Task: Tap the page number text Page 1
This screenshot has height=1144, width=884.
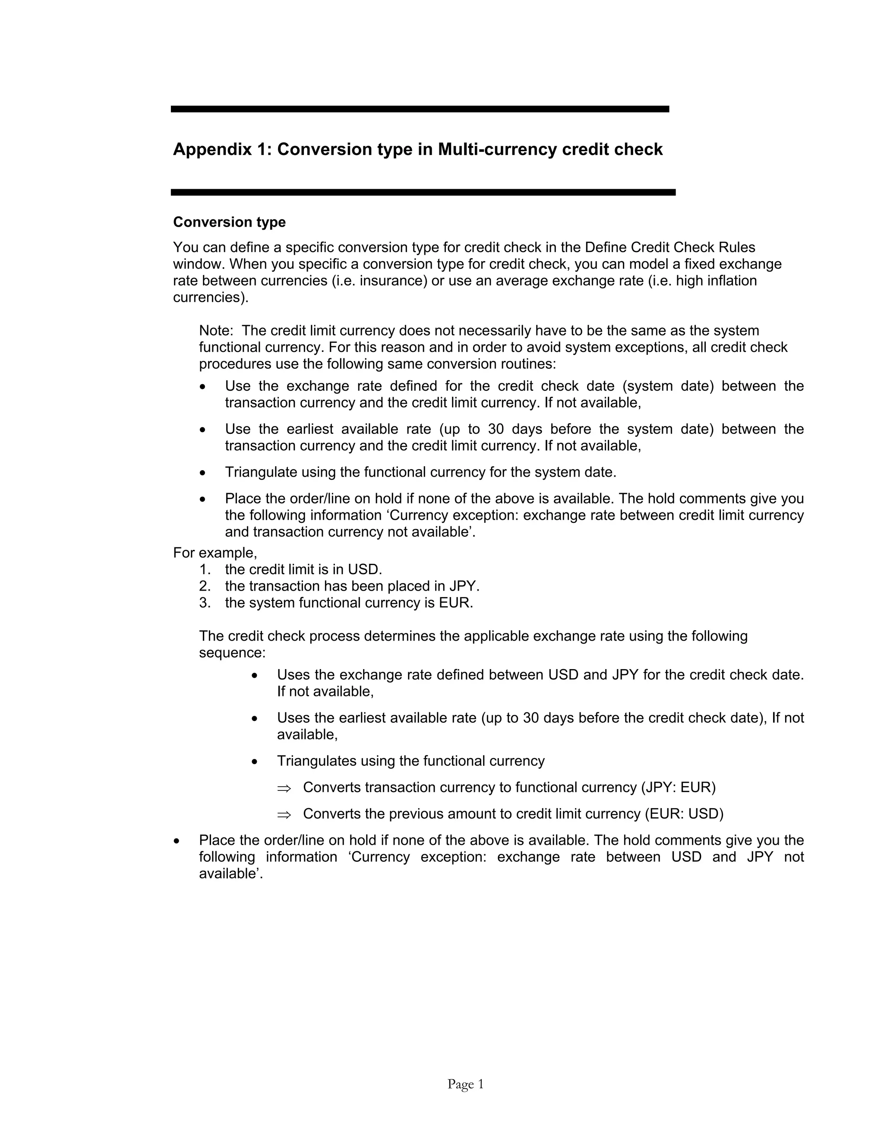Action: tap(465, 1084)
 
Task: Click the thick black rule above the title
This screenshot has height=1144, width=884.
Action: tap(420, 109)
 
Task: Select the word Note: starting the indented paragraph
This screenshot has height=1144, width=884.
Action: tap(216, 331)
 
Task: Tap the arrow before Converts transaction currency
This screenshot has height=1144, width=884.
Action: tap(283, 788)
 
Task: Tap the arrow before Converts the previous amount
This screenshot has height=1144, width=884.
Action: tap(283, 814)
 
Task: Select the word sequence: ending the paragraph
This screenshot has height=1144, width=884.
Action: tap(232, 653)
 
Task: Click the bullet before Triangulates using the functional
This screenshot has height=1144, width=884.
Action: tap(255, 762)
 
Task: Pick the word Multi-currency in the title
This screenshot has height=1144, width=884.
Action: tap(497, 150)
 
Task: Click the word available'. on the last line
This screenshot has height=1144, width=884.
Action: tap(230, 874)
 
